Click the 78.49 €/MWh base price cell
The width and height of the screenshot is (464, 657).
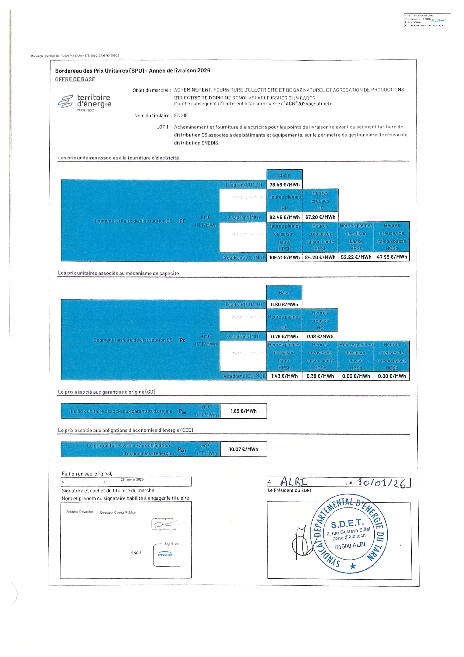click(x=284, y=185)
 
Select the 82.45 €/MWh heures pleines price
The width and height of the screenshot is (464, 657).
click(x=284, y=217)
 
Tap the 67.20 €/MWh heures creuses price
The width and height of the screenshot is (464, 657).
click(x=320, y=217)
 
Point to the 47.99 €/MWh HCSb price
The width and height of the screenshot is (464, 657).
click(x=392, y=257)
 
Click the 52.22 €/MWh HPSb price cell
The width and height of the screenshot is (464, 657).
click(x=356, y=257)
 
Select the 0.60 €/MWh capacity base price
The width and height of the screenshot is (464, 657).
click(x=284, y=305)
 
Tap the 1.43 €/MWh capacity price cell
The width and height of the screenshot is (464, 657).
click(x=284, y=376)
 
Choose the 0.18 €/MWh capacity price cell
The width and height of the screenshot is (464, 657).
click(x=320, y=337)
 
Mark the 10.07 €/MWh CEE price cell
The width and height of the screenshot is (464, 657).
click(x=243, y=449)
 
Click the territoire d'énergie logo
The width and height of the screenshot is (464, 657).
click(x=85, y=102)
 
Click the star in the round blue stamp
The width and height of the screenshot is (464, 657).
click(x=353, y=566)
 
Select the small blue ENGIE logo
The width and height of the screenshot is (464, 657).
click(x=165, y=555)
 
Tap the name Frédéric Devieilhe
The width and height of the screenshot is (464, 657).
click(x=79, y=512)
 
